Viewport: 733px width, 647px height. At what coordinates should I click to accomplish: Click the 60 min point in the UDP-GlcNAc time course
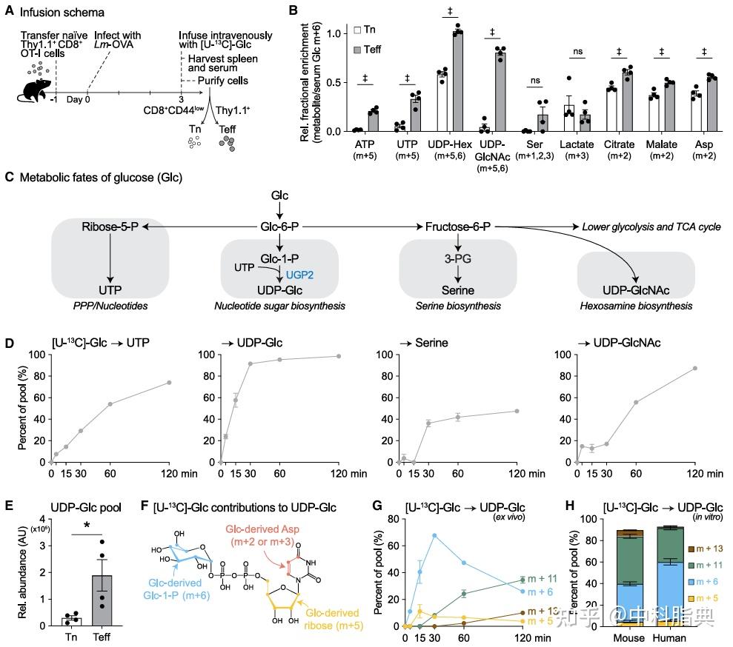[x=636, y=402]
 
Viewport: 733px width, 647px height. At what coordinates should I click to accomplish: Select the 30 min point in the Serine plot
[x=428, y=423]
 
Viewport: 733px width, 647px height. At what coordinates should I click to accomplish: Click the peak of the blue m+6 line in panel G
[x=434, y=535]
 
